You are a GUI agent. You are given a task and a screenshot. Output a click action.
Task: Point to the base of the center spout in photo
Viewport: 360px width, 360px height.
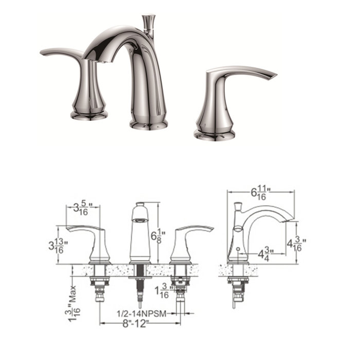click(x=149, y=123)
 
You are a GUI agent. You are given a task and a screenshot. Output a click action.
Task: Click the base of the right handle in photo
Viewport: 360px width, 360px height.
click(x=215, y=133)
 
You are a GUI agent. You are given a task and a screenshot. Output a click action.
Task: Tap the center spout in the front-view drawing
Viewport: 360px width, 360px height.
click(x=139, y=231)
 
